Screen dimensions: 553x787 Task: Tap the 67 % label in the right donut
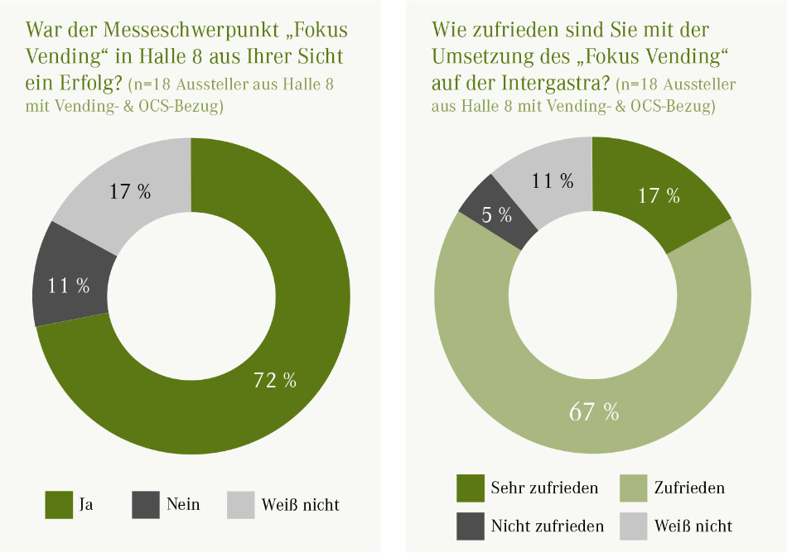click(x=592, y=411)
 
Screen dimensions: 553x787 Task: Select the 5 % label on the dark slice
click(x=496, y=215)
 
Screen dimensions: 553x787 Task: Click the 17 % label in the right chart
click(x=658, y=195)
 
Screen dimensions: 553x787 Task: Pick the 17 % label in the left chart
click(x=130, y=191)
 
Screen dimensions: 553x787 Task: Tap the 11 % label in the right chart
click(x=553, y=180)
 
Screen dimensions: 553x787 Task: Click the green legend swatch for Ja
click(x=59, y=503)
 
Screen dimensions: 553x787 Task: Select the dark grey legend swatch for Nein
click(x=146, y=503)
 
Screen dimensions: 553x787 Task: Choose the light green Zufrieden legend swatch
click(x=633, y=488)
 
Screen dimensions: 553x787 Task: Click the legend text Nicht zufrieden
click(x=547, y=526)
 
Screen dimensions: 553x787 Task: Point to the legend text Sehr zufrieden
click(x=544, y=488)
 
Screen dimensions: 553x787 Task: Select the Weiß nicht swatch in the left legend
click(x=241, y=503)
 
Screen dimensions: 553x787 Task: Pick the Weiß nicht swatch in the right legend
click(x=633, y=525)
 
